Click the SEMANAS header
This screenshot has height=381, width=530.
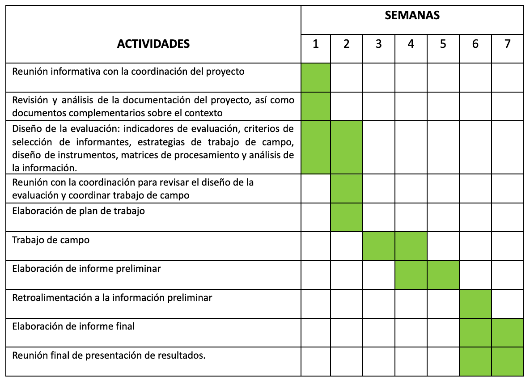coord(412,16)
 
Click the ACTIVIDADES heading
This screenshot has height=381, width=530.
coord(153,44)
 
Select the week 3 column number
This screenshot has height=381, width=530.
coord(378,44)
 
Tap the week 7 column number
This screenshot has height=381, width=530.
coord(507,44)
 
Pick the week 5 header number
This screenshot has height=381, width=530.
coord(443,44)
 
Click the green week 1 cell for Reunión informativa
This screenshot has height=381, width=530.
coord(316,77)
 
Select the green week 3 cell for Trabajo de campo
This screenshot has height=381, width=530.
coord(378,246)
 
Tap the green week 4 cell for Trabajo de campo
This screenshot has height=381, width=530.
coord(411,246)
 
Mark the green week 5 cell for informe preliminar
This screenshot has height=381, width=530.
coord(443,275)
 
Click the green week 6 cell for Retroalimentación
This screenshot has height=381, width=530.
coord(475,304)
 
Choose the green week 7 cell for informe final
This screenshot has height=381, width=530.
coord(507,332)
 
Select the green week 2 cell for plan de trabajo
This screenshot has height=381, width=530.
coord(347,217)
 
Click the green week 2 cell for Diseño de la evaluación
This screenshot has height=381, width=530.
coord(347,147)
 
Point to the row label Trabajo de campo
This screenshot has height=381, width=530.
coord(51,240)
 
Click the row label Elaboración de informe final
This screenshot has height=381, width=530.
coord(73,326)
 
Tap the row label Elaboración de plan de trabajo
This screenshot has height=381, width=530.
coord(78,211)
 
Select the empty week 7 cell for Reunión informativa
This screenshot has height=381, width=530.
coord(507,77)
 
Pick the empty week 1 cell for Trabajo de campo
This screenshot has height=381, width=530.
coord(316,246)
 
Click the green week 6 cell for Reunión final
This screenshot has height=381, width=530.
coord(475,361)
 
